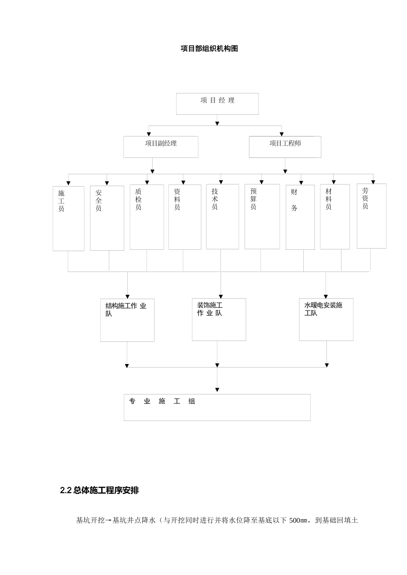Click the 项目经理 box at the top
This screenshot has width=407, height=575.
(217, 104)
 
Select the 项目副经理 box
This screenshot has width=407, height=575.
(161, 147)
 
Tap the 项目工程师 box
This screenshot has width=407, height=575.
(285, 147)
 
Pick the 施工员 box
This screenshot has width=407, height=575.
(69, 218)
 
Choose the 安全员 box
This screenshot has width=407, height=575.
(107, 218)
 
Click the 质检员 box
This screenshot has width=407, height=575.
(147, 217)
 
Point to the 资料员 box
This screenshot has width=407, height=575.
(185, 217)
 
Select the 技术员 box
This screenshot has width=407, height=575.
(222, 216)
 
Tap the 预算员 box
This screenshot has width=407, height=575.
(262, 216)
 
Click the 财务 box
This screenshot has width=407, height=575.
(300, 217)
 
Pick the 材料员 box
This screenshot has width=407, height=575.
(335, 216)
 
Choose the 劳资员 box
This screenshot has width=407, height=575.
(371, 216)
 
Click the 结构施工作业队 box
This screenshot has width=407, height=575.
(127, 320)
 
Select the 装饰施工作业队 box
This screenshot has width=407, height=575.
(219, 319)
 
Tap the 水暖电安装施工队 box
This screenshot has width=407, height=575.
(326, 319)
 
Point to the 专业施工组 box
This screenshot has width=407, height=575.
(217, 407)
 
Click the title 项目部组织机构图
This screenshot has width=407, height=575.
(209, 49)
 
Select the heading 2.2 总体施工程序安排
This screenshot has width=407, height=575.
(99, 491)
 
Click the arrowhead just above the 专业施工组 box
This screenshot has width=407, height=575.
(217, 390)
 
